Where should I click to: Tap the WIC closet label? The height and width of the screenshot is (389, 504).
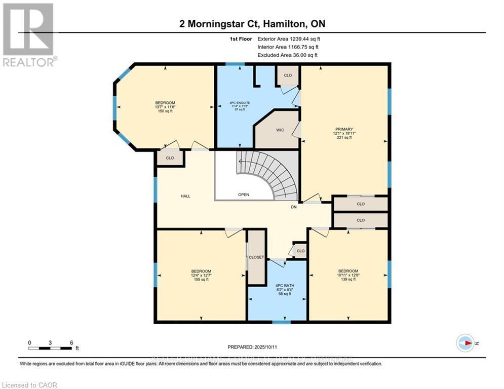280,130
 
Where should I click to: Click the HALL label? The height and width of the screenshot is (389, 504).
185,196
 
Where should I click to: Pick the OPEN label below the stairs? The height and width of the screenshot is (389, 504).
244,194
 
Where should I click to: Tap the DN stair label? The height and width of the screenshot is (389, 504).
293,207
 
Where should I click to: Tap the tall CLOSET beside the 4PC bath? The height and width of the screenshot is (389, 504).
256,257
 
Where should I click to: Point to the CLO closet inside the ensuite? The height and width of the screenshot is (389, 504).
288,75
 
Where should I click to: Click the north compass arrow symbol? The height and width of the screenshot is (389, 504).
465,343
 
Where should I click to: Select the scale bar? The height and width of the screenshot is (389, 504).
50,348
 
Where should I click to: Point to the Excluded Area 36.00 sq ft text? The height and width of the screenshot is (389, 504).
288,55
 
